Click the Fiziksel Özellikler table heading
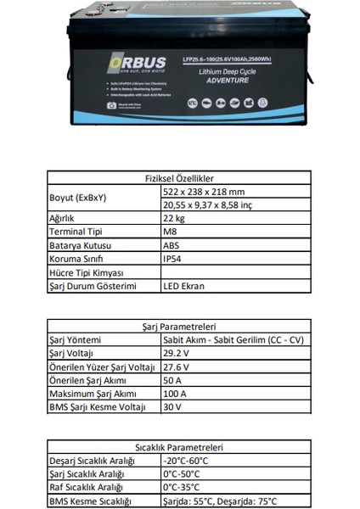[x=180, y=180]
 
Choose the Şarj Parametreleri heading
[x=179, y=326]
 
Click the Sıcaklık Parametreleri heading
[x=179, y=448]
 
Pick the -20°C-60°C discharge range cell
[x=186, y=460]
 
